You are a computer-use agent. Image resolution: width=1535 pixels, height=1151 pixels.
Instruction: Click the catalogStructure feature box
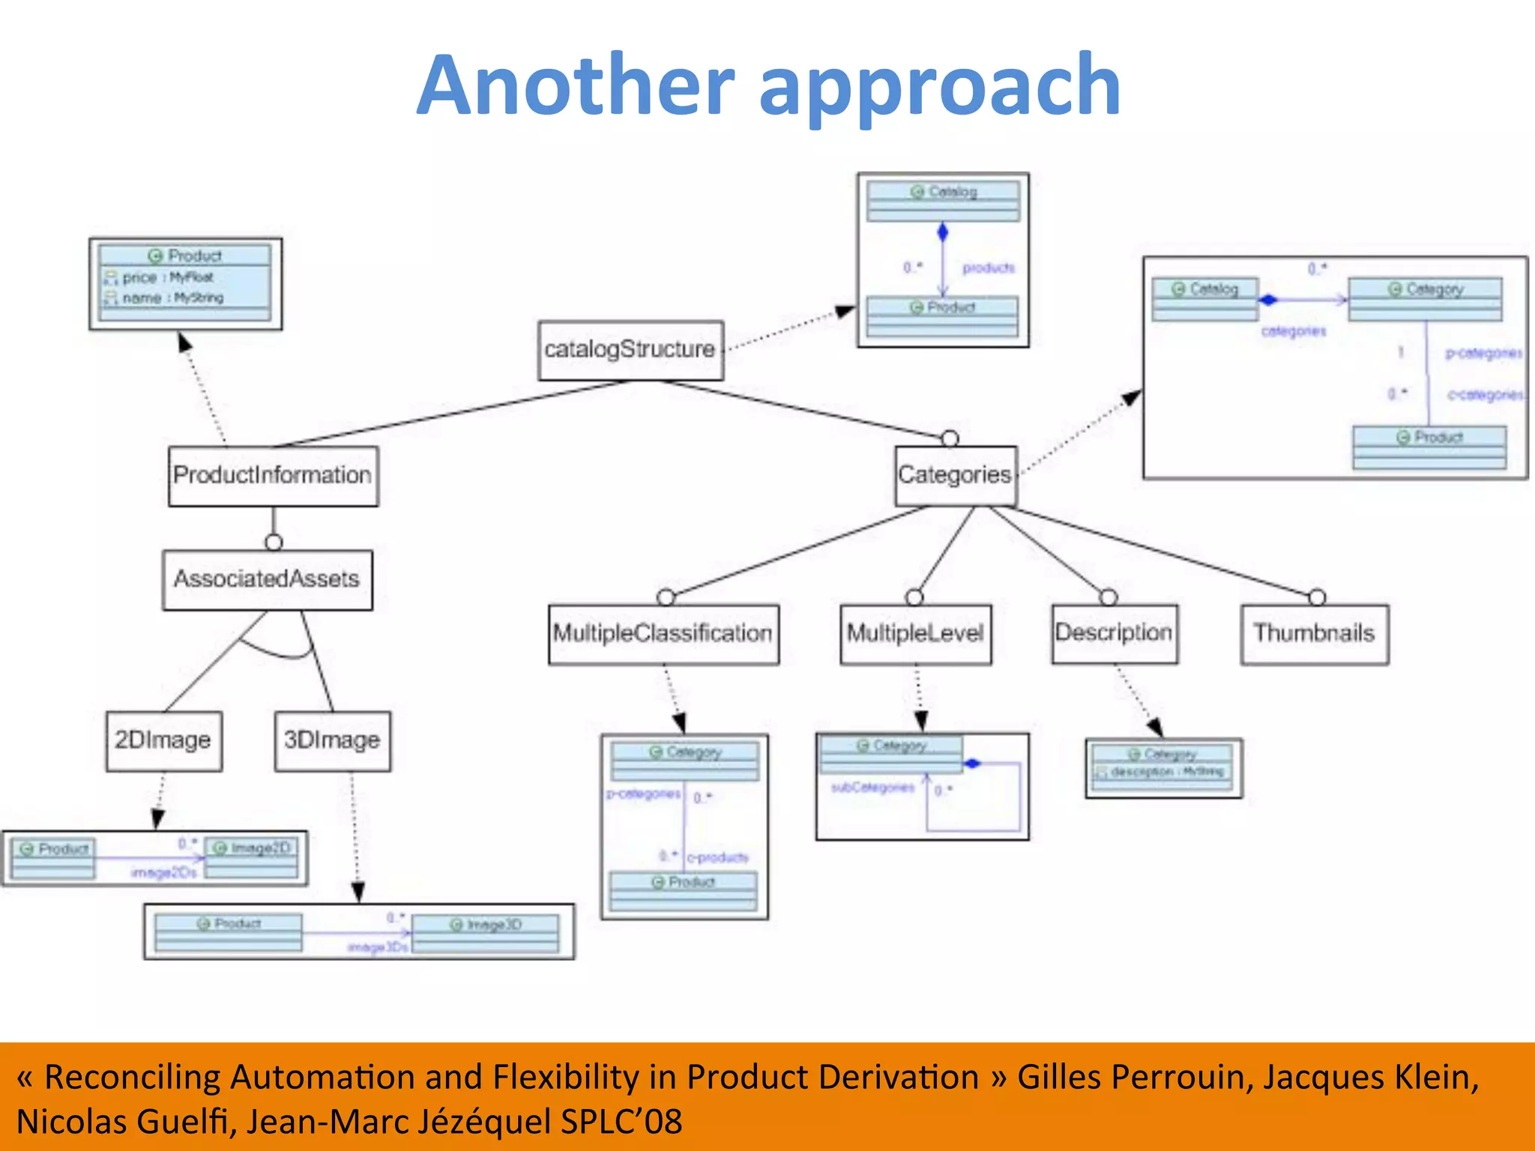pyautogui.click(x=630, y=350)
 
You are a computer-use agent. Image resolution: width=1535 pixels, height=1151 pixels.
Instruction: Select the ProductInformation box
pyautogui.click(x=273, y=476)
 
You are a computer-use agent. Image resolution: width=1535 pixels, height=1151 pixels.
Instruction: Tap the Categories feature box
pyautogui.click(x=955, y=475)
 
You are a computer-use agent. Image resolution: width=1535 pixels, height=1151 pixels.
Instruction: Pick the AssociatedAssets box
pyautogui.click(x=267, y=579)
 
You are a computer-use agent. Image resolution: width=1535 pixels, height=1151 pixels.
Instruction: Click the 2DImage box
pyautogui.click(x=163, y=740)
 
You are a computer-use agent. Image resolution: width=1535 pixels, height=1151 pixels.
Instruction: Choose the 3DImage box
pyautogui.click(x=332, y=740)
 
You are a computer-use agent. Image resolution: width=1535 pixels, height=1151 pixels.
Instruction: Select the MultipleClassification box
pyautogui.click(x=663, y=634)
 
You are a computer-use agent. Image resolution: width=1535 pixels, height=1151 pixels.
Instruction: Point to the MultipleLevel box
pyautogui.click(x=915, y=634)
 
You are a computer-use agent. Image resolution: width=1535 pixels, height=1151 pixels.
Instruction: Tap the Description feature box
pyautogui.click(x=1114, y=633)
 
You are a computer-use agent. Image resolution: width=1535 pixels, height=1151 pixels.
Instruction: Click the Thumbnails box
pyautogui.click(x=1314, y=634)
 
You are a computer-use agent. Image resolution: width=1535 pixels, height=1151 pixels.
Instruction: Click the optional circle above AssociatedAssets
pyautogui.click(x=274, y=542)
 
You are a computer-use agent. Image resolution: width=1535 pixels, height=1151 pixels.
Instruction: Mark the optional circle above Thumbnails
pyautogui.click(x=1317, y=597)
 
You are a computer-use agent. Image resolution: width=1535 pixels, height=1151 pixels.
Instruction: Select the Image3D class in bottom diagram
pyautogui.click(x=485, y=925)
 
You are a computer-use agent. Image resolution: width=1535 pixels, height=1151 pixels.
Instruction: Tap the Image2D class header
pyautogui.click(x=252, y=848)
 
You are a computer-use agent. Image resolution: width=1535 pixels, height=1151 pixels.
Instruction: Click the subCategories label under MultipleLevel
pyautogui.click(x=872, y=788)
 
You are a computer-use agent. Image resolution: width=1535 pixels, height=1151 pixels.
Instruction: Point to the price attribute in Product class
pyautogui.click(x=139, y=278)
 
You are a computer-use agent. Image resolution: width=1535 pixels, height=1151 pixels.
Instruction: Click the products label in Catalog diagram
pyautogui.click(x=988, y=268)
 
